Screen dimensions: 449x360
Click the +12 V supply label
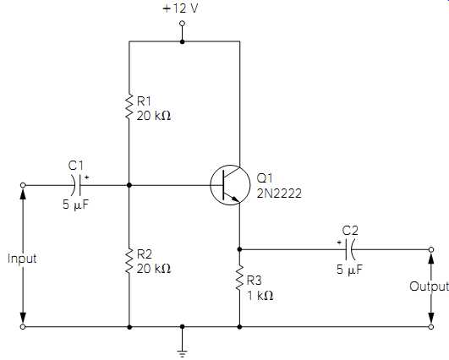(x=180, y=8)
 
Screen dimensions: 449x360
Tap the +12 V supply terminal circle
(x=182, y=24)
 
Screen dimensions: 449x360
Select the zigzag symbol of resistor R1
(x=129, y=106)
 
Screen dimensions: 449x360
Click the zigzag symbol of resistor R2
(x=129, y=261)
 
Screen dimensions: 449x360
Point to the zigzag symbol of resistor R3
(x=239, y=278)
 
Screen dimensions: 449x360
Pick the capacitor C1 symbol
(x=76, y=185)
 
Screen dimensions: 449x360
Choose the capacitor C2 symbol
(x=350, y=249)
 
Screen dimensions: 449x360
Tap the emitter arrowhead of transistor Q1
(x=235, y=199)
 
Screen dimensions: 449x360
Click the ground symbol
(x=182, y=353)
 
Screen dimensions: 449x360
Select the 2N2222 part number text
(x=279, y=194)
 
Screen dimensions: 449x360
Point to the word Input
(x=22, y=259)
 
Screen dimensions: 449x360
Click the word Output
(x=429, y=286)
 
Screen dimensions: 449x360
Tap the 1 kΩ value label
(x=260, y=296)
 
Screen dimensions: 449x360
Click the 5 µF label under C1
(x=76, y=205)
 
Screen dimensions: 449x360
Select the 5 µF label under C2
(x=349, y=270)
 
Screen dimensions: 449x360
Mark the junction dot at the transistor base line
(x=129, y=185)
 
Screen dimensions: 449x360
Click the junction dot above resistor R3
(x=239, y=249)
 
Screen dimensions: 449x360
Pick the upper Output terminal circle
(x=431, y=249)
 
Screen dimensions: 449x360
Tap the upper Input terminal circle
(x=23, y=185)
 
